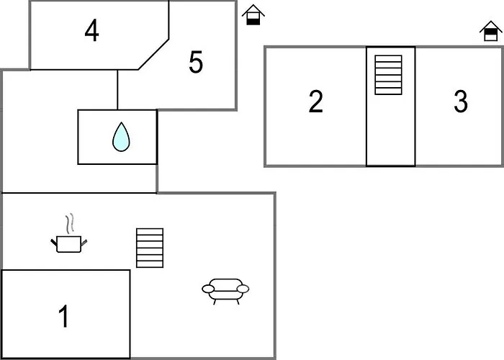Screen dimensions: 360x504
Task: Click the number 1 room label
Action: point(64,316)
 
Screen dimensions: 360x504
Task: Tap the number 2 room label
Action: point(315,102)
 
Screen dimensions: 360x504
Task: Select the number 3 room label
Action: point(461,102)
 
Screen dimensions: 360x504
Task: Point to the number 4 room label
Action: point(91,31)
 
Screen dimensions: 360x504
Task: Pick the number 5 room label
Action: point(196,63)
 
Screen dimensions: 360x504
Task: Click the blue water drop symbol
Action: point(120,137)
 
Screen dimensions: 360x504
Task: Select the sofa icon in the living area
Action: point(225,290)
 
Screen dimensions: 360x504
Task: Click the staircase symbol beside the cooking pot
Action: point(150,248)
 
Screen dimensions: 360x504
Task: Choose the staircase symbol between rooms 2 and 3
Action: point(388,74)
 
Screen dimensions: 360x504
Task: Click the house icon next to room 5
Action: point(253,14)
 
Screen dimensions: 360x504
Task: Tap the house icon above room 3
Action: point(490,32)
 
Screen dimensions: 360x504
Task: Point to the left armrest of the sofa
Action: point(209,289)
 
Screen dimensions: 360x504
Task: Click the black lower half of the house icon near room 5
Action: point(253,20)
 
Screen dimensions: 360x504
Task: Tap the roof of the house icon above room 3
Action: point(490,27)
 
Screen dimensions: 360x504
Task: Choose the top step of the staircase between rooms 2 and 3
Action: point(388,58)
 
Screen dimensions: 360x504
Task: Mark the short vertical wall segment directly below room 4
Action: point(117,89)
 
